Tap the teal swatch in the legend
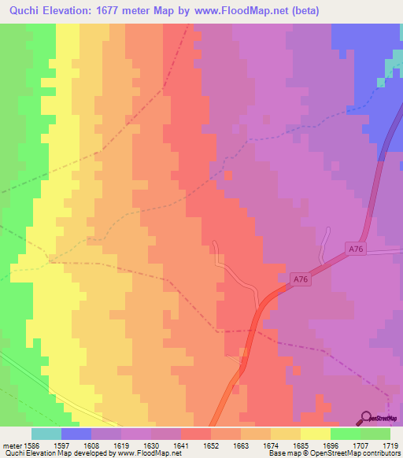46,434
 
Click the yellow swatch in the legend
315,434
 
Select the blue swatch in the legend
76,434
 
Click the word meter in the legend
12,445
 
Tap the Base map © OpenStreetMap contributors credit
331,453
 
